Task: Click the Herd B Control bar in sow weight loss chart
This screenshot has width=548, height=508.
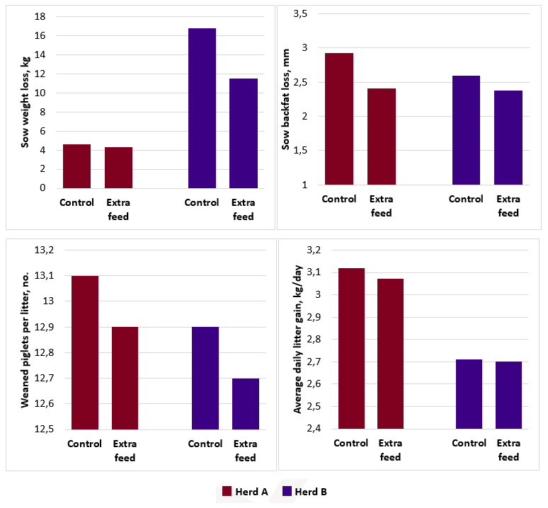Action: tap(202, 108)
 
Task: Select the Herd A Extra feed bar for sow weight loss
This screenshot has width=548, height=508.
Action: tap(118, 168)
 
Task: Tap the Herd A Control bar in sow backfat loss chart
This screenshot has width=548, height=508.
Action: tap(339, 119)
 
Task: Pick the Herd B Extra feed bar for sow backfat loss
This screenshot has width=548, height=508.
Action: tap(508, 137)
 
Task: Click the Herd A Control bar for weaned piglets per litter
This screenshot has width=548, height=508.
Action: tap(85, 352)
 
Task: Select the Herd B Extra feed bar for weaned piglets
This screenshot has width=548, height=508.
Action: tap(246, 404)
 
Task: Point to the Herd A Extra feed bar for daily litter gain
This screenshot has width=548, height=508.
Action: tap(390, 354)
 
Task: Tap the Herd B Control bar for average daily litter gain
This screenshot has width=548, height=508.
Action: tap(469, 394)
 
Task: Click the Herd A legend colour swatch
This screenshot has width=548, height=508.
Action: tap(227, 491)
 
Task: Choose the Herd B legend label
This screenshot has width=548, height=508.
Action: tap(311, 492)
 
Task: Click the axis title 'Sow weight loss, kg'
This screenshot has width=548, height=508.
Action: tap(25, 102)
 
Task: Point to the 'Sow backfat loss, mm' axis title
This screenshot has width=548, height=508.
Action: tap(286, 100)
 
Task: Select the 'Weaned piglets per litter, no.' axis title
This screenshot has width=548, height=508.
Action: tap(25, 340)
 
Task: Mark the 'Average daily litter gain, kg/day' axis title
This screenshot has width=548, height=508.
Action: tap(298, 340)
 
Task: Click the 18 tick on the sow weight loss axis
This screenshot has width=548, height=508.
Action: tap(40, 16)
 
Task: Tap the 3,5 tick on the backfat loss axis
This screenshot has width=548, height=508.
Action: tap(300, 14)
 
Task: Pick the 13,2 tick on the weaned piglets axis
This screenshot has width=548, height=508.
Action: tap(44, 250)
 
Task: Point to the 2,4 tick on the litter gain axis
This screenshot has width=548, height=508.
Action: tap(314, 428)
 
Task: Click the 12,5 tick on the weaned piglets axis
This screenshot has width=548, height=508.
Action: tap(44, 429)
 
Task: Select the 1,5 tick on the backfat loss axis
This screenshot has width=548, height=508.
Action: tap(300, 151)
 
